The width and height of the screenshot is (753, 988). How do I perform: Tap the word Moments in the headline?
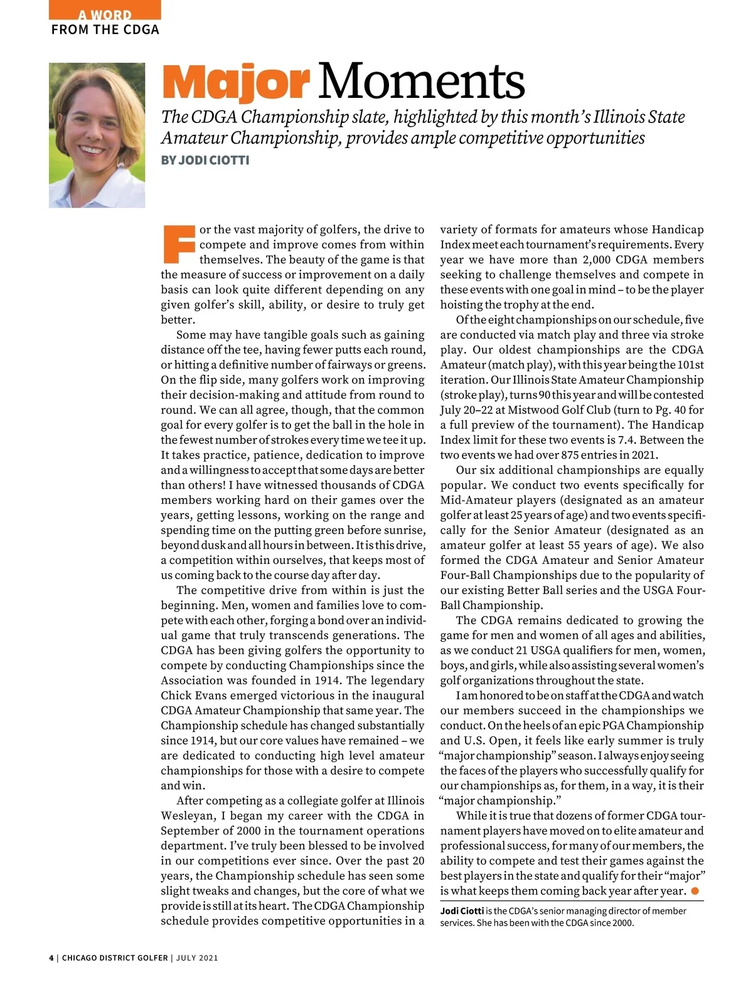[x=421, y=82]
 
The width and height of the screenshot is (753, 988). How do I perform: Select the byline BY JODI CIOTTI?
[x=205, y=160]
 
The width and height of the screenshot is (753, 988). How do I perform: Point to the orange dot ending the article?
[x=695, y=891]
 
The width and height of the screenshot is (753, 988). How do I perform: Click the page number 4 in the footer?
[x=51, y=958]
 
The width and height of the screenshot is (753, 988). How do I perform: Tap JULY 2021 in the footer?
[x=197, y=958]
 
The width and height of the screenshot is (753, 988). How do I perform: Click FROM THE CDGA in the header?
[x=105, y=29]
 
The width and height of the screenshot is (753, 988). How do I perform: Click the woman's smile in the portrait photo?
[x=93, y=150]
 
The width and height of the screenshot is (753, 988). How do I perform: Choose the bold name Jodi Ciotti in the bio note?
[x=462, y=911]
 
